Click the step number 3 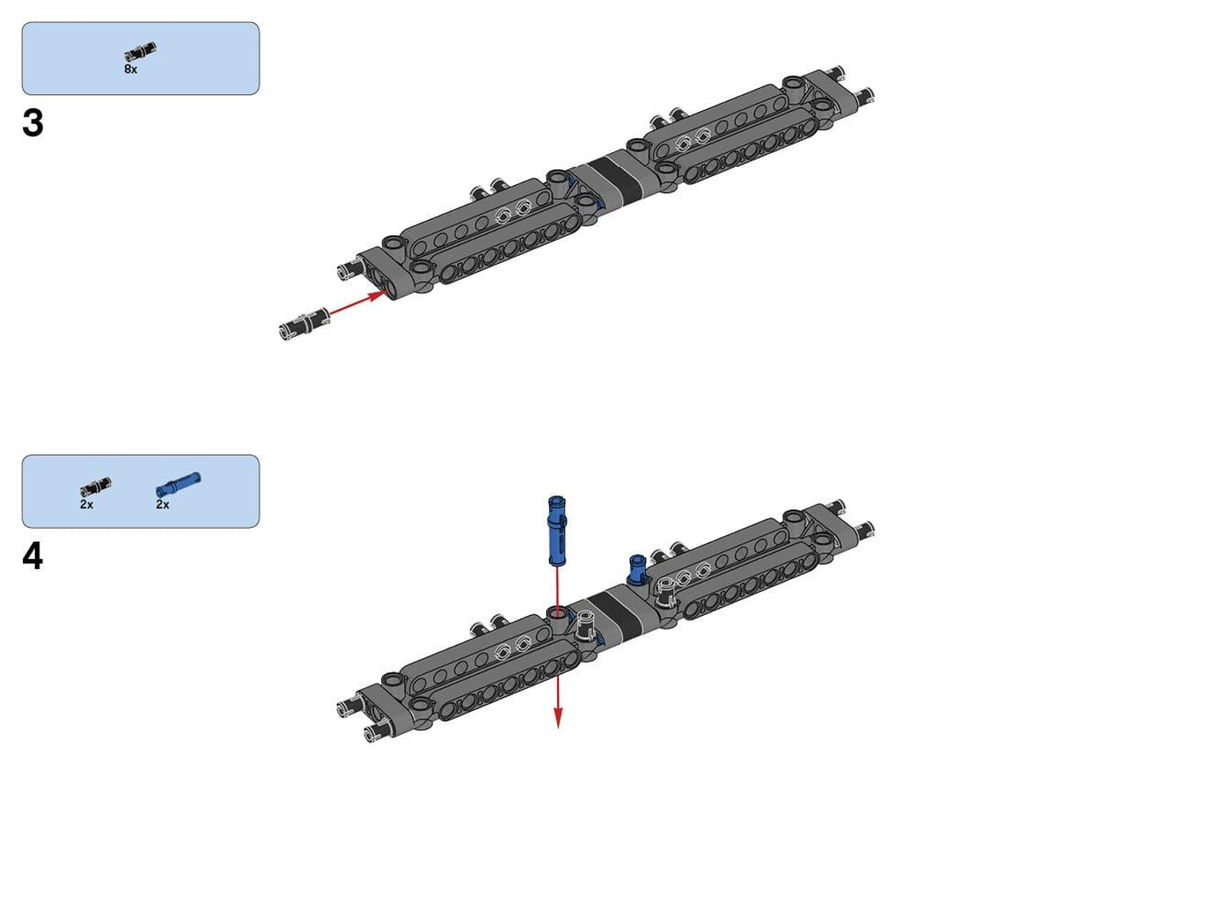point(33,123)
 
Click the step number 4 point(33,556)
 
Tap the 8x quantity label point(131,69)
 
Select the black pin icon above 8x point(140,51)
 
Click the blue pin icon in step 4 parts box point(178,485)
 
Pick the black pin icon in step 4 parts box point(95,487)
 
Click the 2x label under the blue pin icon point(162,504)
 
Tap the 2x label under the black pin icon point(86,504)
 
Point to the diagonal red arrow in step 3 point(358,304)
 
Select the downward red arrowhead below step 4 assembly point(558,718)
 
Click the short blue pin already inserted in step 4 point(638,569)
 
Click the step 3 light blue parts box point(141,59)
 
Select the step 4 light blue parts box point(141,491)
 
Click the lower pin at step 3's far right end point(863,95)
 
